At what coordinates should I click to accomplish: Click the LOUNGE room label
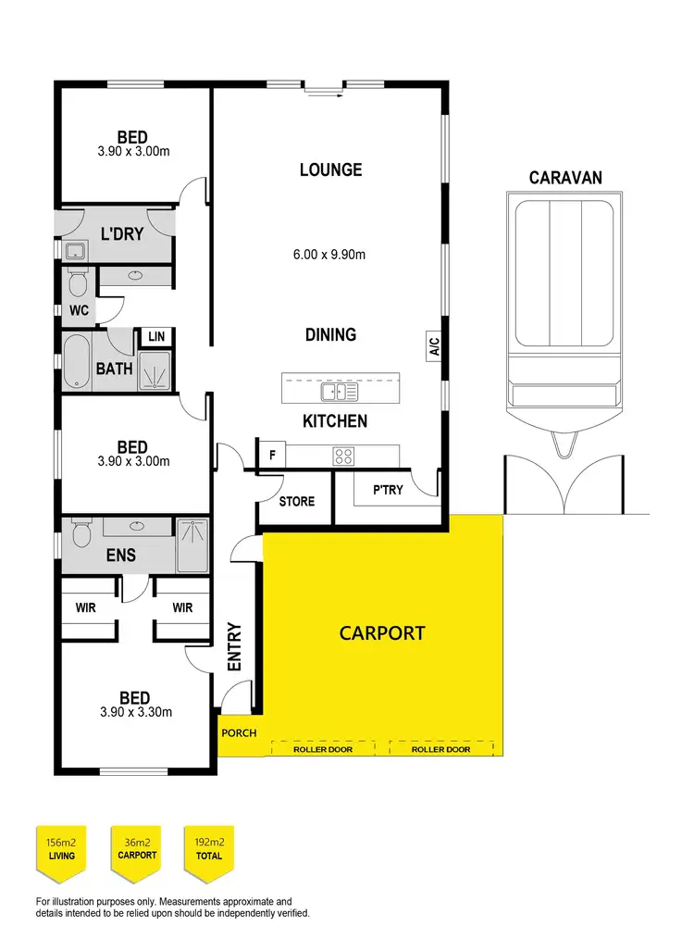(330, 170)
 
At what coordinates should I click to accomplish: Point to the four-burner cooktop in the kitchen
(343, 455)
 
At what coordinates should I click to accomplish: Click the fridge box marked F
(272, 455)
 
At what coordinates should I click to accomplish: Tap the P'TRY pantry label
(388, 490)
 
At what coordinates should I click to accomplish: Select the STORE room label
(297, 502)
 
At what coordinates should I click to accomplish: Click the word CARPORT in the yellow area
(382, 633)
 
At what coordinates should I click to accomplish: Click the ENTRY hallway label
(234, 646)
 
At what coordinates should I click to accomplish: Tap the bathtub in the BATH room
(78, 360)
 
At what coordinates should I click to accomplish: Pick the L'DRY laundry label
(121, 234)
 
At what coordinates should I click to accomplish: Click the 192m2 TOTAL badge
(209, 848)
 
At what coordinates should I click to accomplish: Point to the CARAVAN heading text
(565, 177)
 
